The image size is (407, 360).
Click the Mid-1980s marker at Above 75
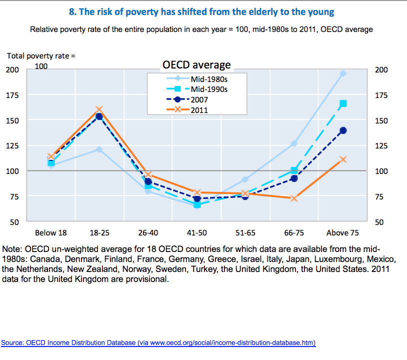coord(343,73)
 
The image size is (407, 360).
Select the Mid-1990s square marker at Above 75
coord(343,103)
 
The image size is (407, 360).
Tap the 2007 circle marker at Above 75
coord(343,130)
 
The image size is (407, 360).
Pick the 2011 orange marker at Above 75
coord(343,159)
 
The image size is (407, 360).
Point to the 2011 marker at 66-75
coord(294,198)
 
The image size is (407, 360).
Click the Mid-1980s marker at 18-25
coord(99,149)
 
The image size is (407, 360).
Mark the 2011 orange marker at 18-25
coord(99,109)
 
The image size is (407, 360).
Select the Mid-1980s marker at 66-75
coord(294,143)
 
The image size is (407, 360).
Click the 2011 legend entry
coord(199,110)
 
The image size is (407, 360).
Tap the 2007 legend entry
coord(199,99)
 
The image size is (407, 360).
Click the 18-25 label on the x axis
coord(99,232)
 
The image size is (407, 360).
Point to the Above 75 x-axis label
coord(342,232)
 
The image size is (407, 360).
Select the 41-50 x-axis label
coord(196,232)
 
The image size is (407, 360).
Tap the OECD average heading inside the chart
coord(197,65)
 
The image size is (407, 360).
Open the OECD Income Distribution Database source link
coord(158,342)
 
